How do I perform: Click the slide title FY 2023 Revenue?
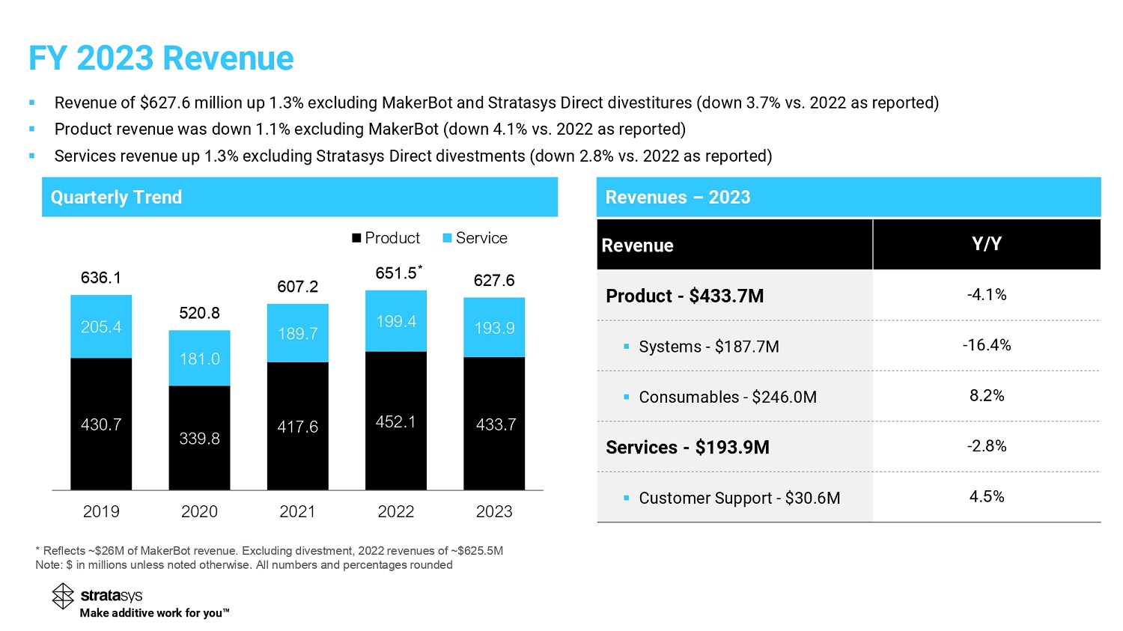tap(161, 58)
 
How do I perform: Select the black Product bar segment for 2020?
tap(199, 438)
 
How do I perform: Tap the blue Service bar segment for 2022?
tap(395, 321)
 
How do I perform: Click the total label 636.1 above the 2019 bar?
tap(101, 278)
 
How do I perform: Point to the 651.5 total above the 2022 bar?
tap(396, 273)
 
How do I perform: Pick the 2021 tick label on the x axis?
tap(297, 511)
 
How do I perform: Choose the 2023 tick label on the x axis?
tap(494, 511)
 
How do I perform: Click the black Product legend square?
tap(357, 238)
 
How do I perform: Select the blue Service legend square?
tap(448, 238)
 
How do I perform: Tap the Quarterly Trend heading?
tap(116, 197)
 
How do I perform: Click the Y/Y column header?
tap(986, 244)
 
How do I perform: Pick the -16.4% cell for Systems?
tap(986, 345)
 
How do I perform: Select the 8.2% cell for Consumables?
tap(986, 395)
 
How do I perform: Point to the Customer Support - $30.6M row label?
tap(739, 498)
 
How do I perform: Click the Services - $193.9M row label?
tap(687, 447)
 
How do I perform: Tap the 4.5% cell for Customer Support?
tap(986, 496)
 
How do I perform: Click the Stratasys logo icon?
tap(63, 596)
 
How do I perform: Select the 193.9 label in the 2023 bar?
tap(494, 328)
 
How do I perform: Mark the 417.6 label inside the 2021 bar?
tap(297, 427)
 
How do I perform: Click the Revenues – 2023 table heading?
tap(678, 197)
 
